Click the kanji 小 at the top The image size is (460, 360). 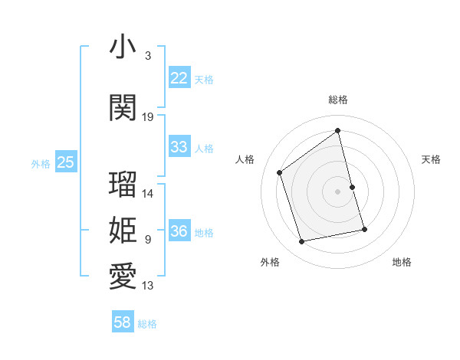123,47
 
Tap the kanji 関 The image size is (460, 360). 123,108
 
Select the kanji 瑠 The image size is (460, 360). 123,185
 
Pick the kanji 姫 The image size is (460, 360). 123,231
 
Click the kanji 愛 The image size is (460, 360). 123,277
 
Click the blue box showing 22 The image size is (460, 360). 179,78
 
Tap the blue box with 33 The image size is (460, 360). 179,147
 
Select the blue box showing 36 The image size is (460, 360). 179,231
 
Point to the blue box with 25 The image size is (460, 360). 65,162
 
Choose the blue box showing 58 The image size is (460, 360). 123,322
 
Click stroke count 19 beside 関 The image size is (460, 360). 148,117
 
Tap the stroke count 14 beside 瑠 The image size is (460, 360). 148,194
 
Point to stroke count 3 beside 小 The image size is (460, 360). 148,56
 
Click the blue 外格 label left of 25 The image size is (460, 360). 41,163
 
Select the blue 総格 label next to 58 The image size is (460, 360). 147,324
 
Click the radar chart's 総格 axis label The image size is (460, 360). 338,100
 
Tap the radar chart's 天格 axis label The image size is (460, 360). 431,159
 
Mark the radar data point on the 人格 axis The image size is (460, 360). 280,172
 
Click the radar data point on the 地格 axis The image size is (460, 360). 365,229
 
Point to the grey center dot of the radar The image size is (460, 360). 338,191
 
